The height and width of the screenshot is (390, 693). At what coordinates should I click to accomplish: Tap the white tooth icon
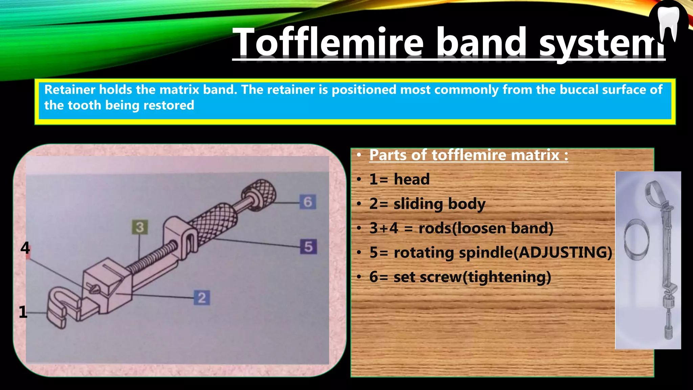pyautogui.click(x=668, y=22)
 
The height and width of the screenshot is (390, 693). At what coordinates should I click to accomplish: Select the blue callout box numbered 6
pyautogui.click(x=308, y=202)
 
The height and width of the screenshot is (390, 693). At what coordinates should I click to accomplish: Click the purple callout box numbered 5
pyautogui.click(x=308, y=246)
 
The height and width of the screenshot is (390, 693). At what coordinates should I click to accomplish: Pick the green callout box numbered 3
pyautogui.click(x=140, y=227)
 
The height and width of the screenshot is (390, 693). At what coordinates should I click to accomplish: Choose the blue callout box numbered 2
pyautogui.click(x=202, y=298)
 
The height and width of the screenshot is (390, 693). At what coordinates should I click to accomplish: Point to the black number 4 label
pyautogui.click(x=25, y=248)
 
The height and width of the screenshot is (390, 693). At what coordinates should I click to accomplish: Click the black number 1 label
pyautogui.click(x=23, y=312)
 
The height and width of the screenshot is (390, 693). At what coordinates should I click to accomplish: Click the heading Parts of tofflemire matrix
pyautogui.click(x=468, y=155)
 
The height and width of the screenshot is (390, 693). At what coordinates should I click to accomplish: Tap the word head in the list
pyautogui.click(x=411, y=179)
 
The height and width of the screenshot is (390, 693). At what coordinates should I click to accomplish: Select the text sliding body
pyautogui.click(x=439, y=204)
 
